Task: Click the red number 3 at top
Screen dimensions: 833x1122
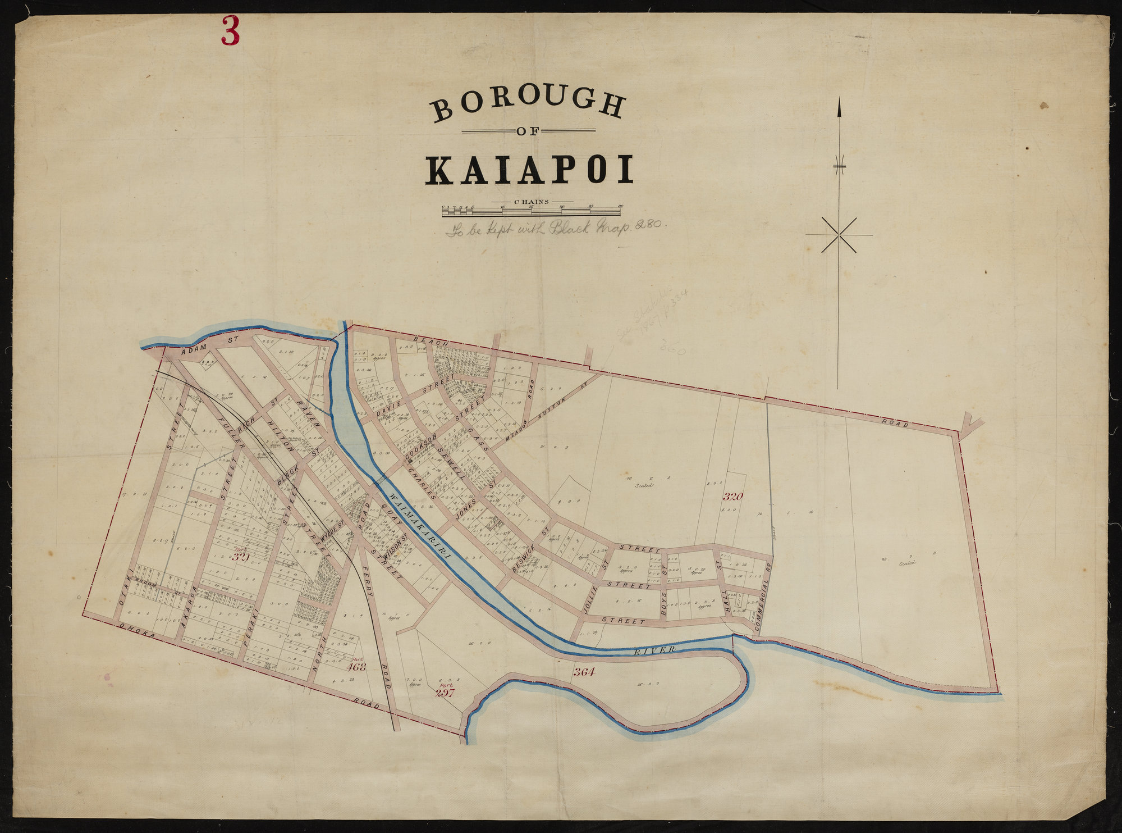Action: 230,31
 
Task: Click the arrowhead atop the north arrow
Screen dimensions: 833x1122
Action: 840,107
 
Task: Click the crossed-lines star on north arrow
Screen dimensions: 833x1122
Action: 839,235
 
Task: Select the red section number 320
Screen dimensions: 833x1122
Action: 732,497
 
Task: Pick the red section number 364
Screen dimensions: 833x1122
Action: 584,672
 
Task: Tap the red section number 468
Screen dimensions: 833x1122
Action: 356,667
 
